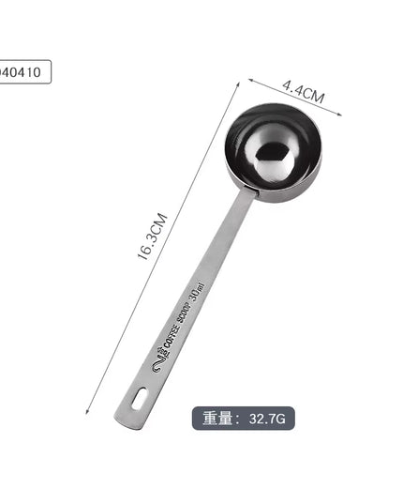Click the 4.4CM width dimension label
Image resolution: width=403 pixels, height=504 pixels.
coord(303,95)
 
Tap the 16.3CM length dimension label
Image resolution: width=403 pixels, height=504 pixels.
coord(155,238)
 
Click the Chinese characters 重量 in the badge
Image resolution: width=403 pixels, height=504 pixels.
coord(217,418)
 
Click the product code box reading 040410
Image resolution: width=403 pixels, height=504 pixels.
coord(23,72)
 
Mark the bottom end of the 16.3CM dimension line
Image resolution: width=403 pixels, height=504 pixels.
coord(86,412)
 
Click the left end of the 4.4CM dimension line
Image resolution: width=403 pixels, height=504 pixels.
coord(249,80)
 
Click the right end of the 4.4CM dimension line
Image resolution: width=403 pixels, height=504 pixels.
coord(341,115)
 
